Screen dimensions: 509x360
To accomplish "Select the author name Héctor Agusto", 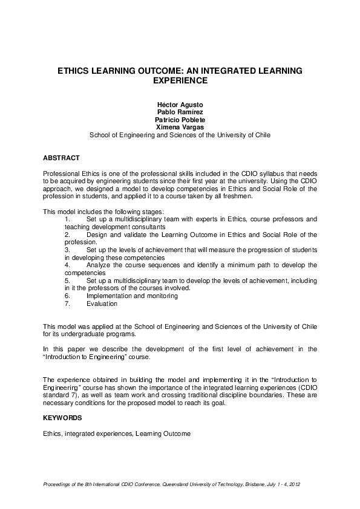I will (180, 105).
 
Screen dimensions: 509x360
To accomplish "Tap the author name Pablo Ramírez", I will (180, 112).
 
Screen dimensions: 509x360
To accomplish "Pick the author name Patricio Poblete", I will (180, 120).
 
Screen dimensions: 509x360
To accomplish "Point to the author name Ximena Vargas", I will (180, 128).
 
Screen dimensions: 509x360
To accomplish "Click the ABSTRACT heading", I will (61, 158).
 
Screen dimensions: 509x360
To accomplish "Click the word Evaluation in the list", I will (102, 303).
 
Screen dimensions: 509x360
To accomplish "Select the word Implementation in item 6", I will (108, 296).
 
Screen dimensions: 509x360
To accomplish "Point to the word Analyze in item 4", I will (99, 265).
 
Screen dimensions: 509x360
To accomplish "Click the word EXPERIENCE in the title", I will (180, 80).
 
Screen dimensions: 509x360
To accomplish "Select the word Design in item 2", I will (97, 234).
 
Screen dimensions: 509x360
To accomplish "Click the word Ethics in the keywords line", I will (51, 433).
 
